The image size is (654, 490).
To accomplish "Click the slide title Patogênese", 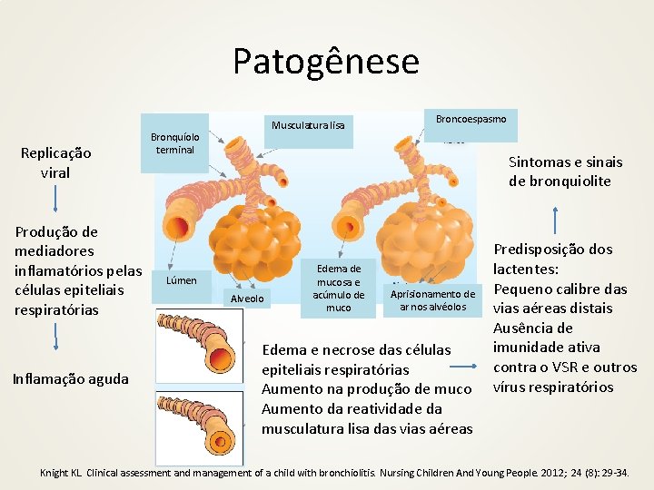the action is [326, 62].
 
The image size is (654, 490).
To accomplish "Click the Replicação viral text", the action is [55, 162].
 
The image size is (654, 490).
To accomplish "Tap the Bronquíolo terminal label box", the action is [175, 142].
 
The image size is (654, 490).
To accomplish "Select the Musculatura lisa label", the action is [309, 124].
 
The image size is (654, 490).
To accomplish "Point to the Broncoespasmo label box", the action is [471, 119].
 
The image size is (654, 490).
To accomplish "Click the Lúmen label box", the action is [181, 280].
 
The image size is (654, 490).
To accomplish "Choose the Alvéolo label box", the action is [247, 299].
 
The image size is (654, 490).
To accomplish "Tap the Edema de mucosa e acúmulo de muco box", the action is [338, 288].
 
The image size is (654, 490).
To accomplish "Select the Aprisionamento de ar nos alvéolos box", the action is [431, 300].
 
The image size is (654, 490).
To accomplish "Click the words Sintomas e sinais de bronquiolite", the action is [565, 171].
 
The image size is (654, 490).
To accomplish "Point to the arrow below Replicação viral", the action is [56, 195].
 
